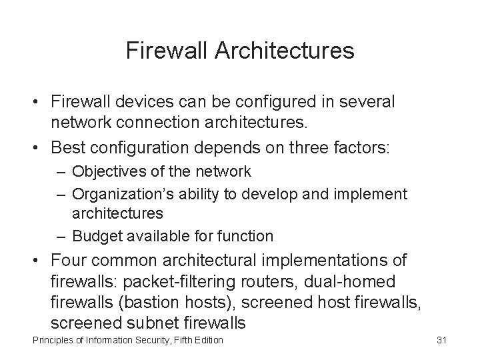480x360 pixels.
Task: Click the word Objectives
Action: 107,171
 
